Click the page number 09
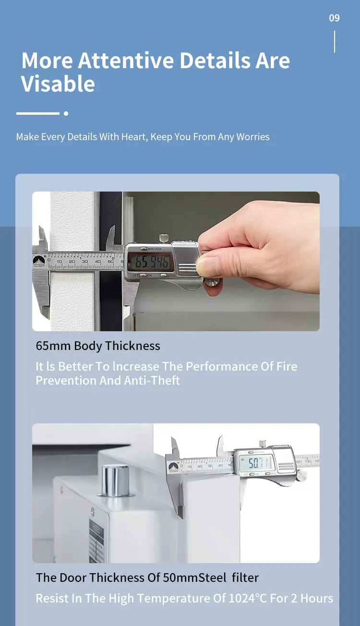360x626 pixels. [334, 18]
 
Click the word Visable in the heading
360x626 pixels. [58, 84]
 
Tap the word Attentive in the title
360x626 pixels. [126, 61]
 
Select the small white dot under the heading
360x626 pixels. [66, 114]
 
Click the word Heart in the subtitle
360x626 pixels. [133, 137]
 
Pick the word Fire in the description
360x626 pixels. [287, 367]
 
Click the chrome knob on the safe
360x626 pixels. [115, 480]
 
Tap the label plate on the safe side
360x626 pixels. [96, 538]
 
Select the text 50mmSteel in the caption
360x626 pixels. [194, 578]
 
